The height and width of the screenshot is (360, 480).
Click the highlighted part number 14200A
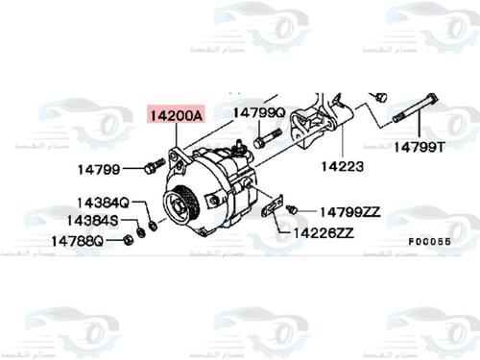pyautogui.click(x=174, y=114)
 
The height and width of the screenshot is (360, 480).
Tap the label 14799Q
pyautogui.click(x=259, y=113)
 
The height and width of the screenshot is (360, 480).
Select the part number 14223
pyautogui.click(x=343, y=166)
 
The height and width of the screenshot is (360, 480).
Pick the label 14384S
pyautogui.click(x=93, y=221)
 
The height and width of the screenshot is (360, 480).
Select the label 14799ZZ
pyautogui.click(x=350, y=210)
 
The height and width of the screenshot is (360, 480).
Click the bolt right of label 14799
pyautogui.click(x=150, y=169)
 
